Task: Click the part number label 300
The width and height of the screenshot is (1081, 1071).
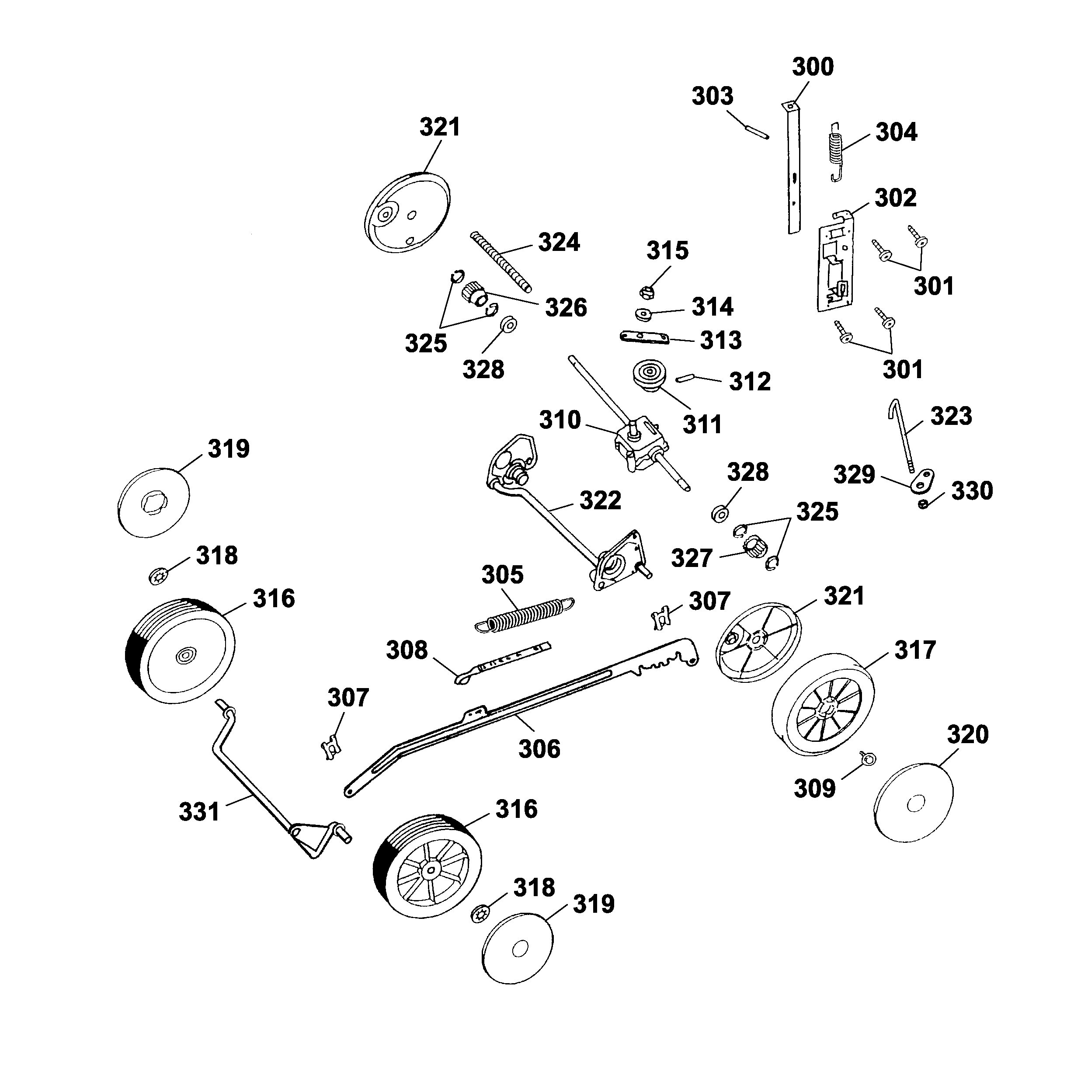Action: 813,66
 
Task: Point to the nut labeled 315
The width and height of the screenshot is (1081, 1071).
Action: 646,292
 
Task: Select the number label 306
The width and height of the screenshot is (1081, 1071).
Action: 539,749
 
